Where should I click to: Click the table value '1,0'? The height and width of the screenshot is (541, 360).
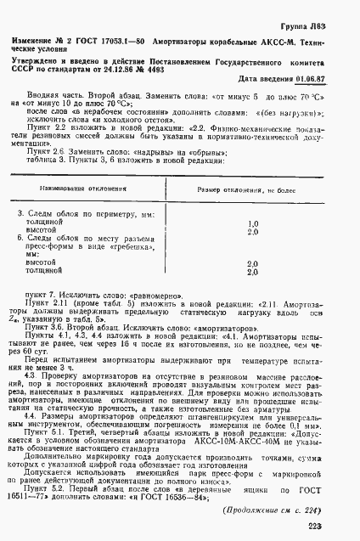point(251,222)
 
